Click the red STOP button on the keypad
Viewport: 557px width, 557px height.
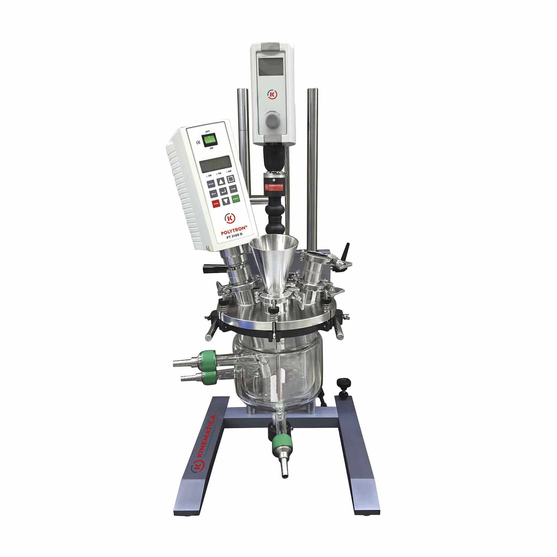pos(216,203)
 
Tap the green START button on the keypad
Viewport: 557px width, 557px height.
pos(235,199)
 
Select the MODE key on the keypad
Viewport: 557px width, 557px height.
pos(211,183)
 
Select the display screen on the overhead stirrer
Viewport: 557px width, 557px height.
pos(270,66)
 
